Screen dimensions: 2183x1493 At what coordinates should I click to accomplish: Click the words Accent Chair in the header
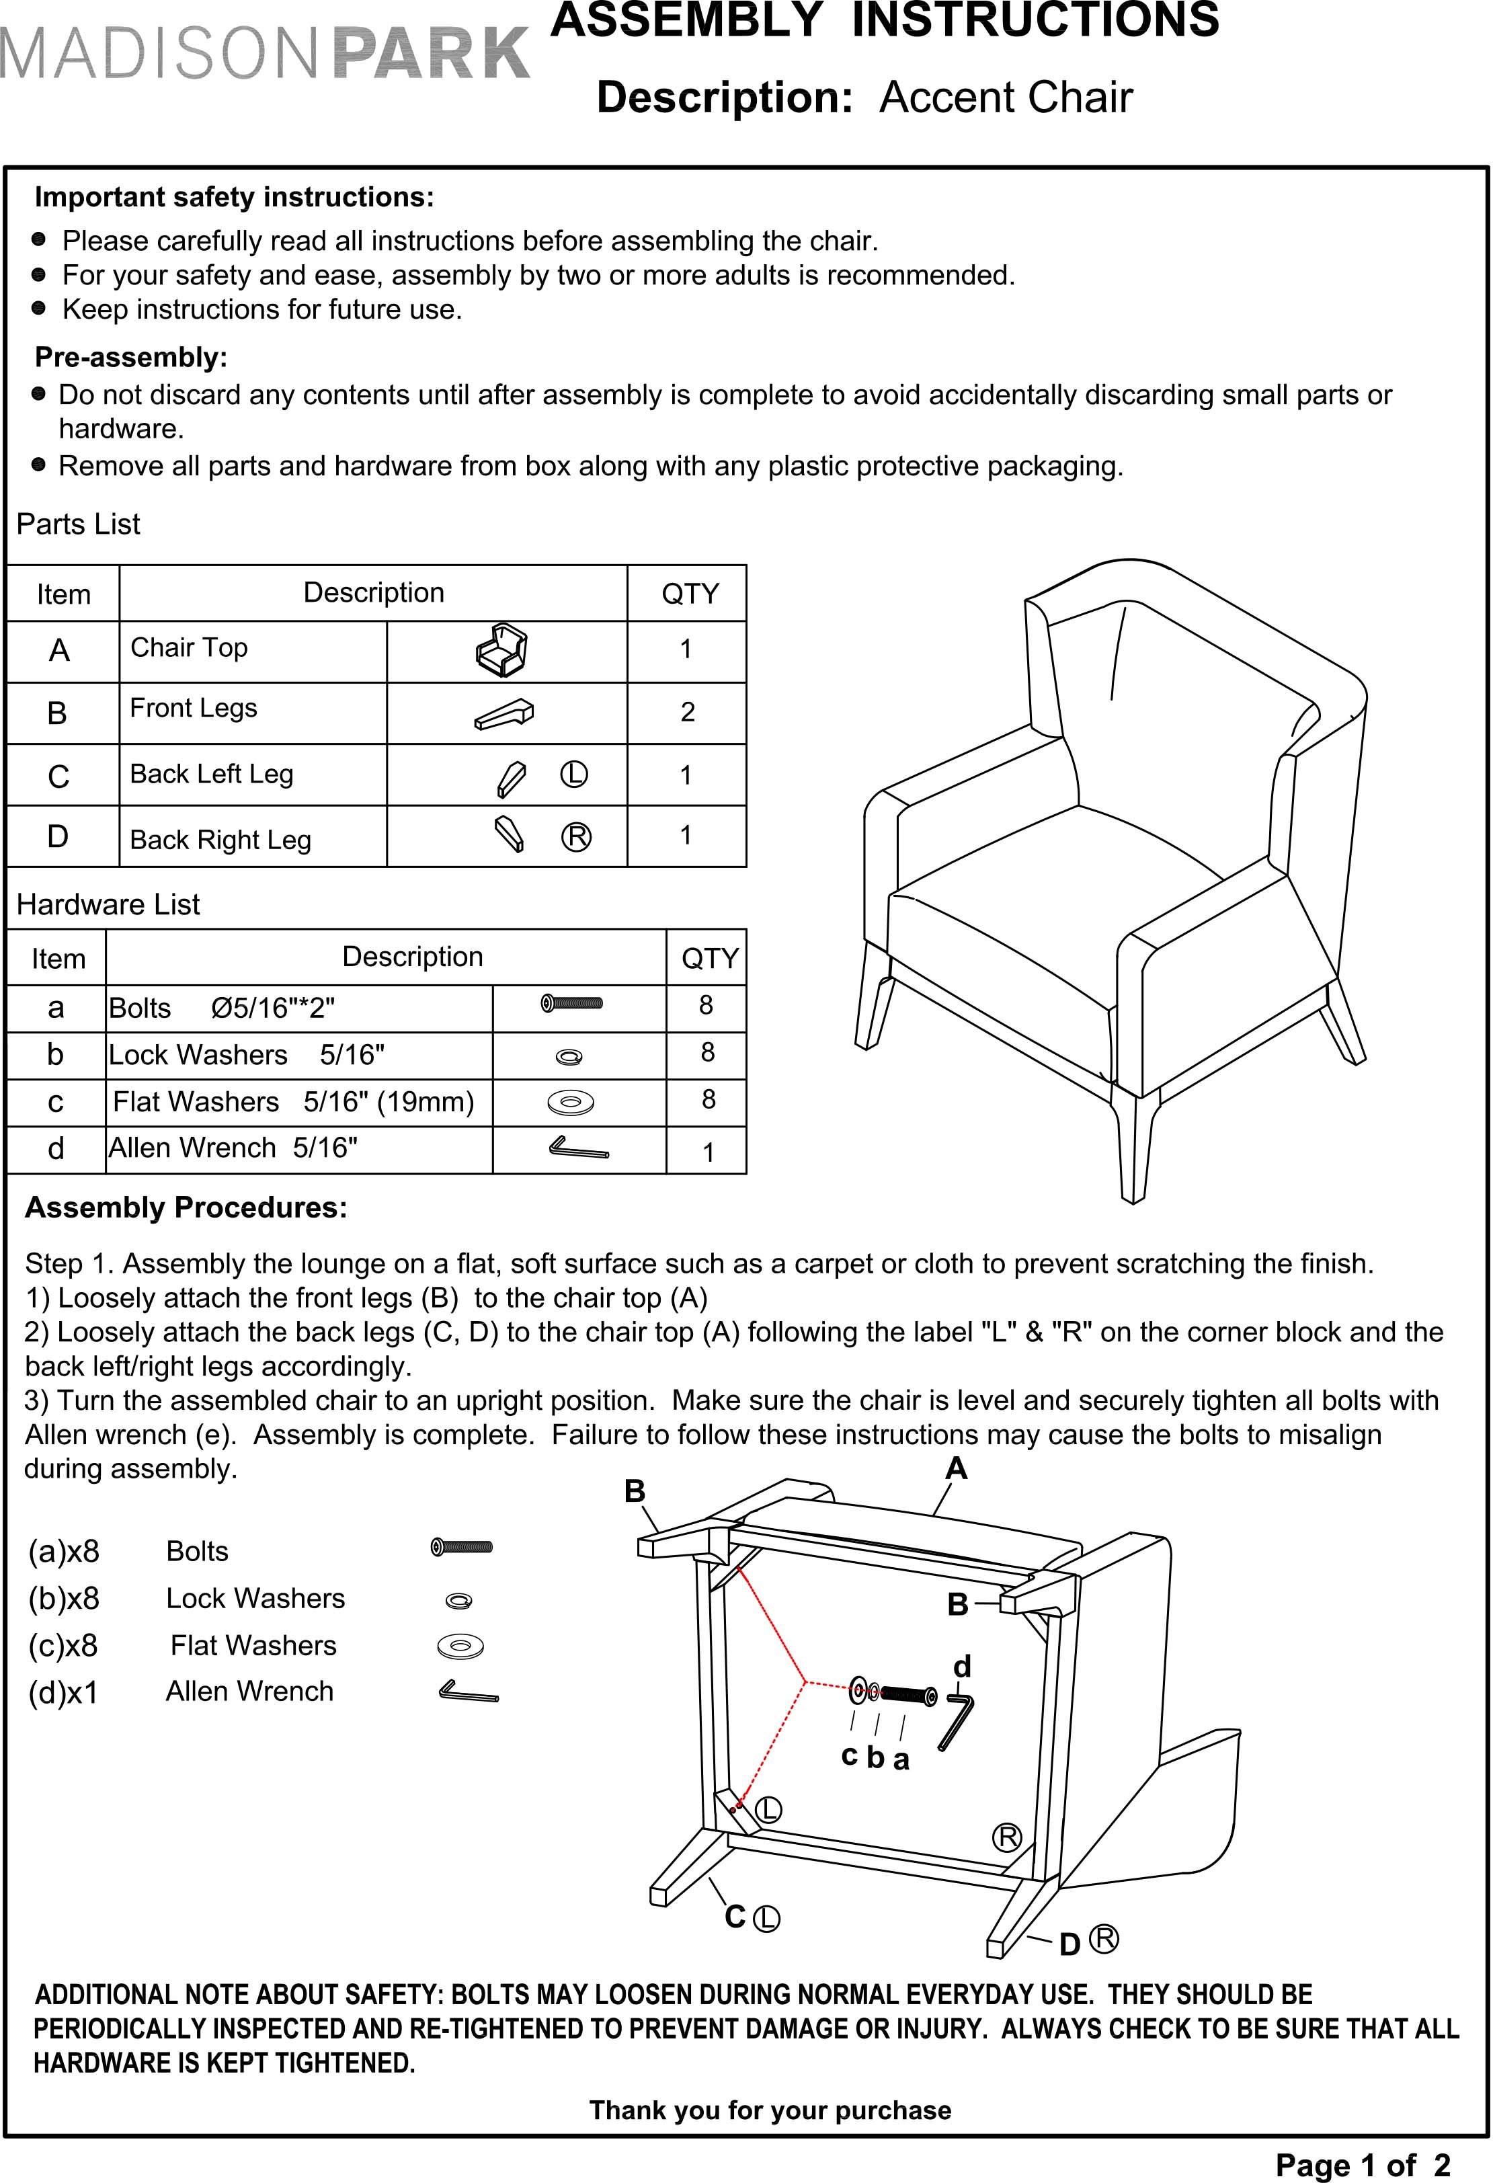click(x=1006, y=97)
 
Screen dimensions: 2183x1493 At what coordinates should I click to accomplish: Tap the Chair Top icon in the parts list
click(x=502, y=650)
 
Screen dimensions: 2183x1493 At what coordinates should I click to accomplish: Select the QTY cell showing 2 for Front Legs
click(x=687, y=712)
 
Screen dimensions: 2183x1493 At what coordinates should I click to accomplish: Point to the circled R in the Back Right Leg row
click(x=575, y=837)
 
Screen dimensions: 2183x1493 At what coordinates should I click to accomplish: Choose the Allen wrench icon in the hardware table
click(x=578, y=1148)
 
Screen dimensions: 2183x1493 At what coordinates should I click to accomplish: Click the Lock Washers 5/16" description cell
click(x=247, y=1055)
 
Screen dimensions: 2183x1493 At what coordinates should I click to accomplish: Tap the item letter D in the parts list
click(x=58, y=836)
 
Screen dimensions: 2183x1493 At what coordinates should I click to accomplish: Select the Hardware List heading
click(x=108, y=904)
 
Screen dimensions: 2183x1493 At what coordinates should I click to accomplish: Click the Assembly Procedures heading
click(x=186, y=1208)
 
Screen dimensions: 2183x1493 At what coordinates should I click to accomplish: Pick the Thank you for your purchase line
click(x=770, y=2110)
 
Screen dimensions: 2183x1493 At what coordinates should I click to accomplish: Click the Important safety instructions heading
click(x=235, y=197)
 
